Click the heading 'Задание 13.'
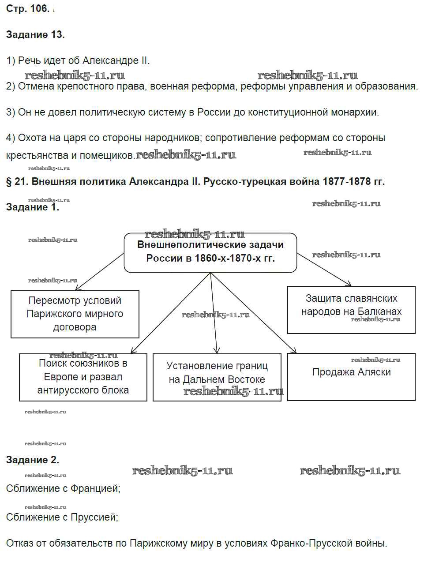point(35,35)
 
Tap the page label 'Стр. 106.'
point(27,9)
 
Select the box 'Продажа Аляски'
point(351,376)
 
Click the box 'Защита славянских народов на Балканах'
point(351,309)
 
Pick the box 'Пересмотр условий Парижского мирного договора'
point(75,314)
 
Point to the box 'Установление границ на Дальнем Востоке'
point(217,377)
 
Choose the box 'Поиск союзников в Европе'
point(83,377)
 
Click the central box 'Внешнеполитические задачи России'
point(210,252)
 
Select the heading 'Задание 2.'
point(33,460)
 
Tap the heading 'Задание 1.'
point(33,207)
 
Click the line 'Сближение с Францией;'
point(63,488)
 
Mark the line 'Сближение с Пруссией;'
point(62,517)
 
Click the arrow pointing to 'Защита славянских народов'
point(325,270)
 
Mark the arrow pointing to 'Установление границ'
point(214,313)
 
